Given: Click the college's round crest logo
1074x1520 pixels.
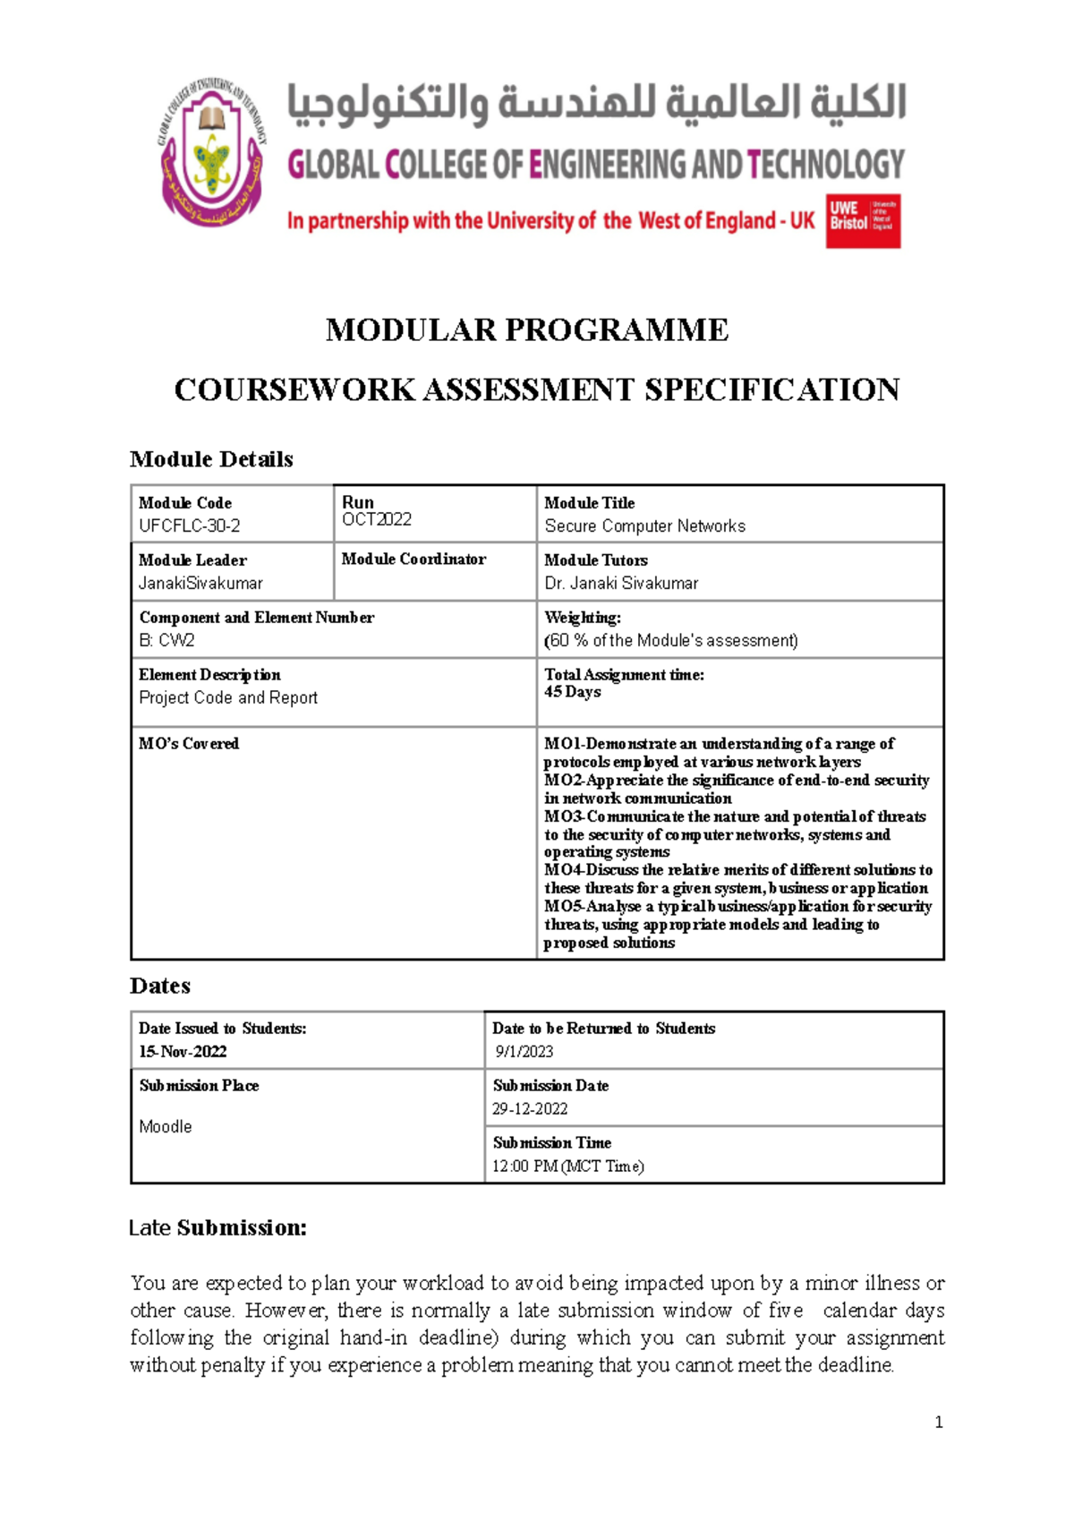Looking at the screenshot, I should pyautogui.click(x=212, y=150).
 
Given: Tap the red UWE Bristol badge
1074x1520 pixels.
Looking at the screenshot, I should pyautogui.click(x=863, y=220).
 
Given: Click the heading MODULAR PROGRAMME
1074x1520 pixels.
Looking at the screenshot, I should pyautogui.click(x=526, y=329).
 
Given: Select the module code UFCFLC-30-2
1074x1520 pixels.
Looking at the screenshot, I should pyautogui.click(x=189, y=525).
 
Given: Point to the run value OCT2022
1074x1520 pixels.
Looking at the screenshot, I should pyautogui.click(x=377, y=519).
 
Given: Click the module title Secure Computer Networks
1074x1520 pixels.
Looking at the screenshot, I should pyautogui.click(x=644, y=525).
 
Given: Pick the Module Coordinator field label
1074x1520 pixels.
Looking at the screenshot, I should pyautogui.click(x=413, y=559).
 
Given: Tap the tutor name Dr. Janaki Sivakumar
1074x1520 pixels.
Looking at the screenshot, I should pyautogui.click(x=621, y=583).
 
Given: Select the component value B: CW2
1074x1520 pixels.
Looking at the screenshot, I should pyautogui.click(x=166, y=640).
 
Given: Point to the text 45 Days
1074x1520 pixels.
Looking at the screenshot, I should pyautogui.click(x=572, y=691).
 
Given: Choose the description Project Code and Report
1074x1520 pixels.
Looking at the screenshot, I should pyautogui.click(x=228, y=697).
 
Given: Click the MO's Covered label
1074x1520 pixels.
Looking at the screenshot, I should pyautogui.click(x=189, y=743).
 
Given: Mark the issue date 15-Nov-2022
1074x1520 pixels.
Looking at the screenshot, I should pyautogui.click(x=183, y=1051).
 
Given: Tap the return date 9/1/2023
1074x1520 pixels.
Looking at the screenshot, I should pyautogui.click(x=524, y=1051).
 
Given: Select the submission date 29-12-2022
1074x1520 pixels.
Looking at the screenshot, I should pyautogui.click(x=530, y=1108).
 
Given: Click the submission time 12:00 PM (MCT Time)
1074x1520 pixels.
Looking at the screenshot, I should pyautogui.click(x=567, y=1166).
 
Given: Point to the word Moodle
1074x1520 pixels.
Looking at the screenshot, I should pyautogui.click(x=166, y=1126).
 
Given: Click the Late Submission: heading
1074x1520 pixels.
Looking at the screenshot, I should pyautogui.click(x=217, y=1227).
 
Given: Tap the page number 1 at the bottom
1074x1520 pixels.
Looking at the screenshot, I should pyautogui.click(x=938, y=1422).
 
